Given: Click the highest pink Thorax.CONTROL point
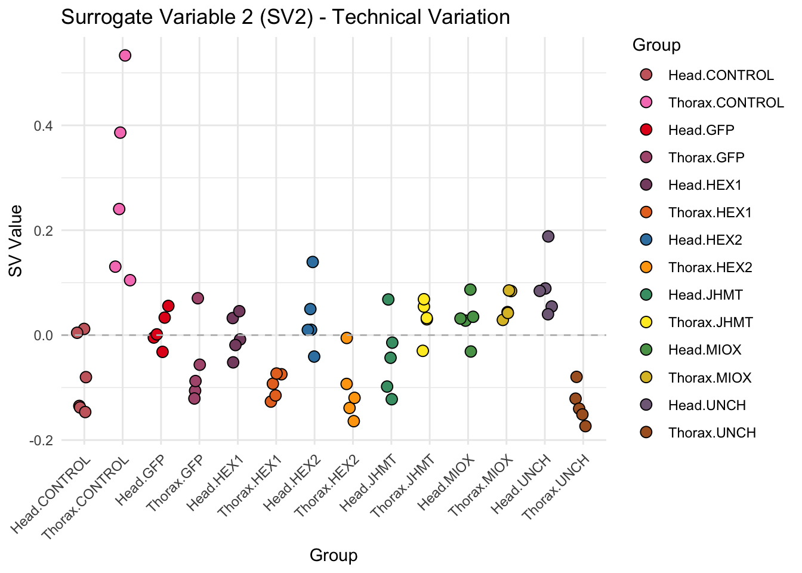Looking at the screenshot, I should click(x=125, y=56).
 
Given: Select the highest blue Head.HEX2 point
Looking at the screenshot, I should click(x=313, y=262).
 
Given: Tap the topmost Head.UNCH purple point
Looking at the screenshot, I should click(x=548, y=236).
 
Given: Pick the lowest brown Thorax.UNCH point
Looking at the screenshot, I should click(x=585, y=426).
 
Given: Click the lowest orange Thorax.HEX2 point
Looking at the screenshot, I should click(x=354, y=421).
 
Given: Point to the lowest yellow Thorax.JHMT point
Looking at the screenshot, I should click(x=423, y=350).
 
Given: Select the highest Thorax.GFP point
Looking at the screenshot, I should click(x=198, y=298).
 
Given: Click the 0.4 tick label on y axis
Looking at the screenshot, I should click(x=44, y=126).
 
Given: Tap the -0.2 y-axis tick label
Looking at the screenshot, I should click(x=41, y=440).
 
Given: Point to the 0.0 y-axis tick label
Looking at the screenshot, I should click(x=44, y=335).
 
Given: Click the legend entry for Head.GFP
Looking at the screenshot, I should click(x=701, y=130).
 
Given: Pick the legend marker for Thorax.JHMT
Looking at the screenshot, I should click(x=645, y=322).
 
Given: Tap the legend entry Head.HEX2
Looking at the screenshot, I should click(x=705, y=240).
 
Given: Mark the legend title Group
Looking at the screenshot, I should click(x=656, y=45).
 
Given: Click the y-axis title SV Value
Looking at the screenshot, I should click(x=16, y=241).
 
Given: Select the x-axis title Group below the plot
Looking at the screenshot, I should click(x=334, y=556).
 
